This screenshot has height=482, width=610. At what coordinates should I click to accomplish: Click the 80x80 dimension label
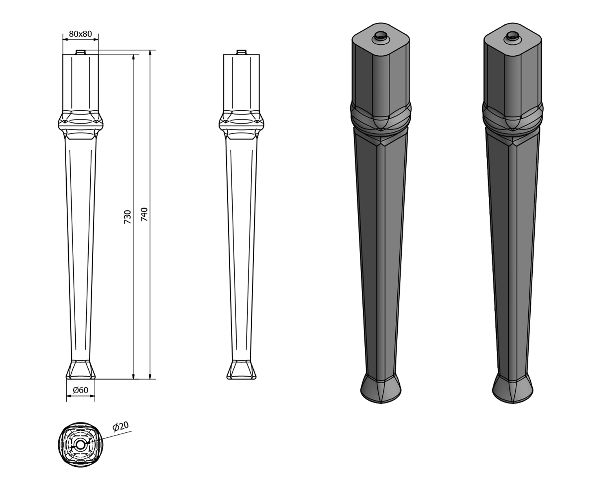(x=81, y=34)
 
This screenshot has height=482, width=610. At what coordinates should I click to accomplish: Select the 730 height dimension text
(x=128, y=217)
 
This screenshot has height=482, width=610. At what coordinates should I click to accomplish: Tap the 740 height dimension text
(x=144, y=214)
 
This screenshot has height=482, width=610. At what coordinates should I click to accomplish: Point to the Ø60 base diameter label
(x=81, y=390)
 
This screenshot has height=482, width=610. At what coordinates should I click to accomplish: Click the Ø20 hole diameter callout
(x=120, y=426)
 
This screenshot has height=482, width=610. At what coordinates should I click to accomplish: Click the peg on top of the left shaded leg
(x=380, y=37)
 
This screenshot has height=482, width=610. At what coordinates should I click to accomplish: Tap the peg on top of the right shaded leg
(x=512, y=37)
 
